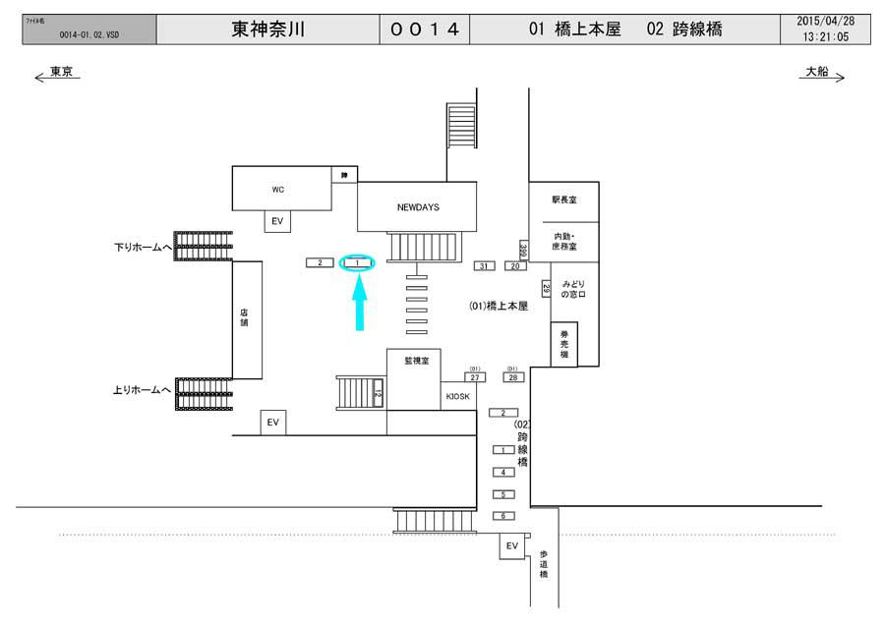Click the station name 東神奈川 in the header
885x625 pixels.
coord(267,29)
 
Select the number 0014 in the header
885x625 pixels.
coord(425,29)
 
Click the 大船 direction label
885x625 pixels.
coord(820,73)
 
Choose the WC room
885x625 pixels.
coord(278,188)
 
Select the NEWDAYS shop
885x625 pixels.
coord(416,207)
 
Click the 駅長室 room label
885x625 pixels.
coord(563,199)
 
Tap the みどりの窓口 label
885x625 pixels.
coord(573,289)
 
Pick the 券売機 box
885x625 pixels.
coord(563,344)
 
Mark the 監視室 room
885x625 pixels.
coord(414,362)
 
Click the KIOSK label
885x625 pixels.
coord(458,396)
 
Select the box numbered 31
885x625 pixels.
coord(484,266)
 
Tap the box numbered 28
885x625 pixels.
coord(513,377)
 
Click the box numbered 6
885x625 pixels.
coord(502,516)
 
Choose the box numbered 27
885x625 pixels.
coord(475,377)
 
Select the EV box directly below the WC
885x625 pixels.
coord(277,222)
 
